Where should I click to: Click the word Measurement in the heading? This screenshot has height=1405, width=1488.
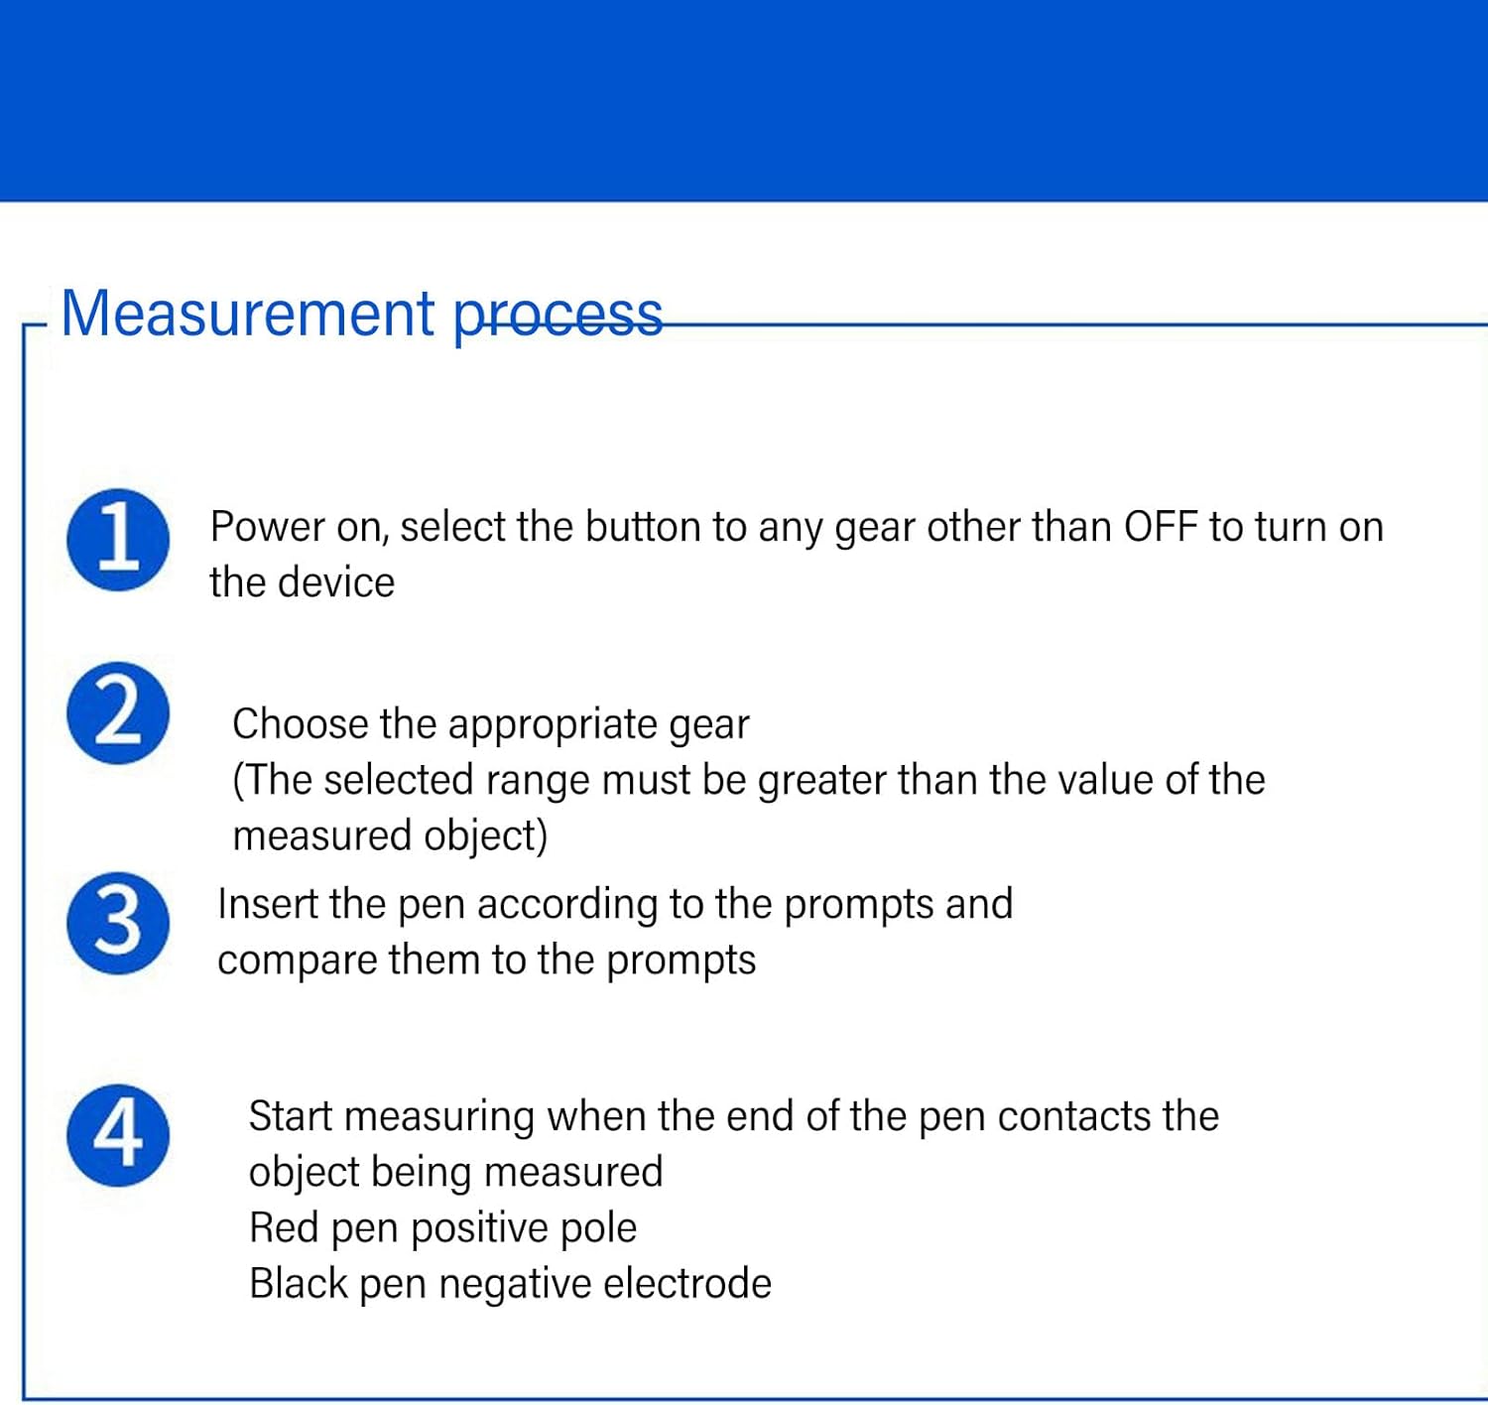point(247,315)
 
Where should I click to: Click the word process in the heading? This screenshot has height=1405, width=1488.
point(558,317)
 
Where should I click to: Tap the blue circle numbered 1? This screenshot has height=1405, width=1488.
point(118,540)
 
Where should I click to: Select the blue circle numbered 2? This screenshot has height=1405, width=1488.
point(118,712)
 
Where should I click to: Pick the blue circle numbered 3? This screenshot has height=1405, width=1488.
point(118,923)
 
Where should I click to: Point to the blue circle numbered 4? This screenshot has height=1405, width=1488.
point(118,1134)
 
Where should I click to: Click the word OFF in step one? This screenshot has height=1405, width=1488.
point(1160,527)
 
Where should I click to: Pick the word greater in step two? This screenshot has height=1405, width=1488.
point(822,781)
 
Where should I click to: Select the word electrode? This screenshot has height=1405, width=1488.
point(686,1283)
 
